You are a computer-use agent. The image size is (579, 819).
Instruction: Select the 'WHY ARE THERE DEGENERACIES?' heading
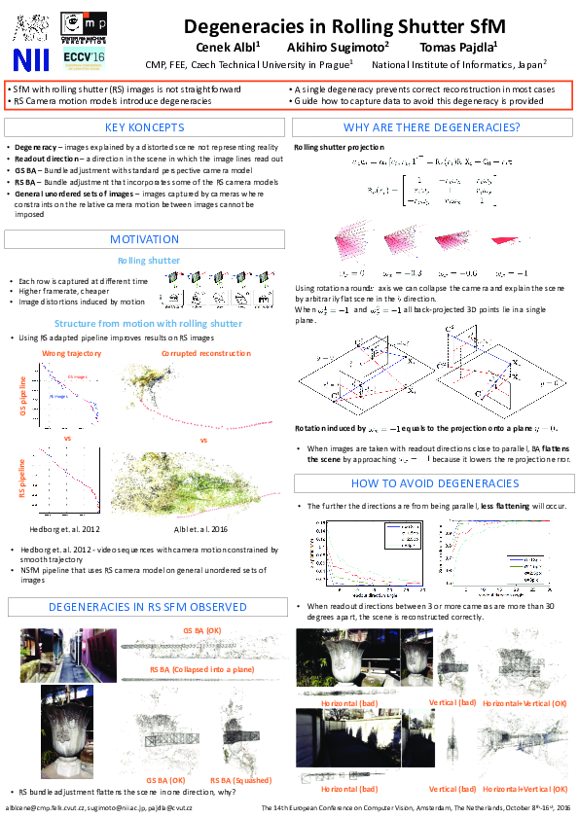pyautogui.click(x=432, y=127)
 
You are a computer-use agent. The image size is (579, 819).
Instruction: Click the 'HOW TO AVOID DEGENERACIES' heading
pyautogui.click(x=432, y=483)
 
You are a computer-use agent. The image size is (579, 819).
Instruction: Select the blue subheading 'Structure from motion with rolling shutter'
pyautogui.click(x=148, y=323)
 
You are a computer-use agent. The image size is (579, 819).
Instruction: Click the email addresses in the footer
pyautogui.click(x=99, y=808)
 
